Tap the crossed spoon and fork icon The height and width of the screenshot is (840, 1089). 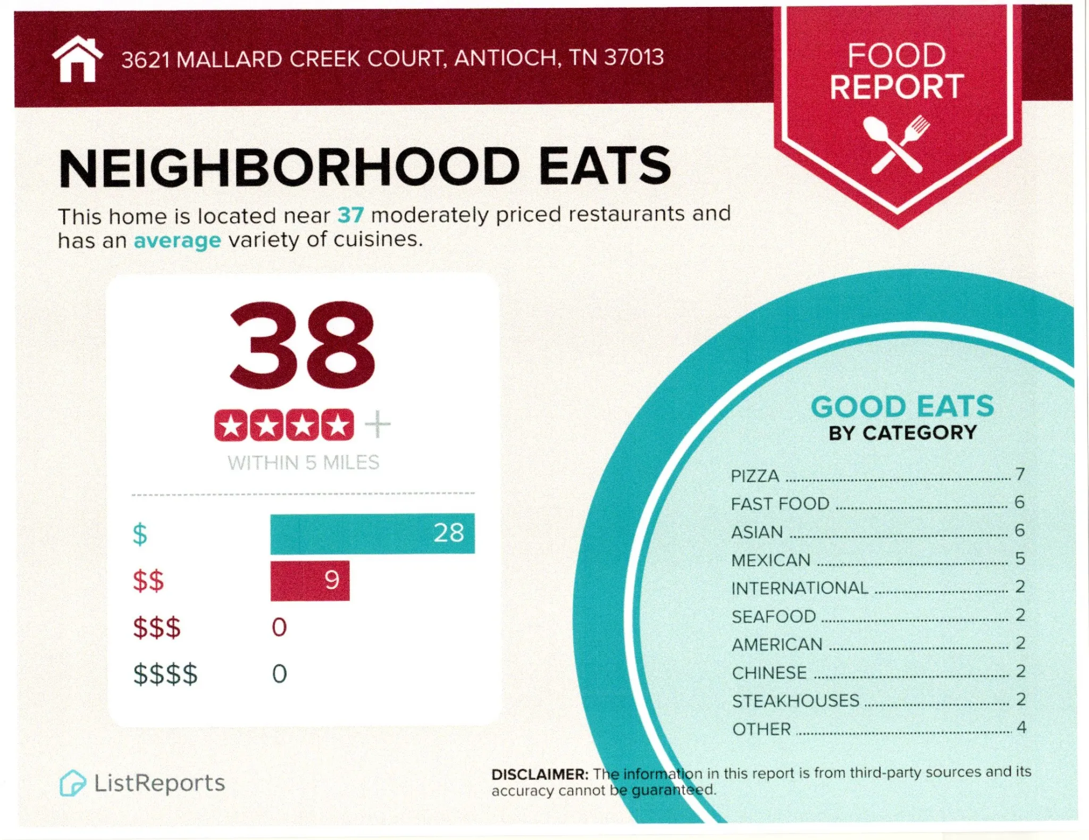(897, 144)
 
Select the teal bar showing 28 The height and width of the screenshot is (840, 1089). (372, 533)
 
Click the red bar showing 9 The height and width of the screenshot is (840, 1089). (310, 581)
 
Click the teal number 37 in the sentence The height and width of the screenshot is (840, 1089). (350, 215)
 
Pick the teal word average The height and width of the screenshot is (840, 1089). (177, 241)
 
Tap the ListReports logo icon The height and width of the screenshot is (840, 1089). (72, 783)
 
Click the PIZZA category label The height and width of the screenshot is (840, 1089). (755, 476)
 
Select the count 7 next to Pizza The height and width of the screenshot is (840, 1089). (1019, 474)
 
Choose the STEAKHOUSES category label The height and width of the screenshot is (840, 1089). (795, 701)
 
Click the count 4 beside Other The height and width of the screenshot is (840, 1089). (1021, 727)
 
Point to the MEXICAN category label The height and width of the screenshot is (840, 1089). (770, 560)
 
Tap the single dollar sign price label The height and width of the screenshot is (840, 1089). (140, 534)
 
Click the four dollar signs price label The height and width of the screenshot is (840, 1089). (165, 674)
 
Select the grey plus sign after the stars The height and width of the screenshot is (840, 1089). (378, 425)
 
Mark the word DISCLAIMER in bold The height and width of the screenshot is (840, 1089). (539, 775)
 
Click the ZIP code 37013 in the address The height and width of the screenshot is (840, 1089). (633, 57)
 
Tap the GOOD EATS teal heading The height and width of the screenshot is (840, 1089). (902, 407)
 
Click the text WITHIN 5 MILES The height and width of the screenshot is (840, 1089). (303, 463)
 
